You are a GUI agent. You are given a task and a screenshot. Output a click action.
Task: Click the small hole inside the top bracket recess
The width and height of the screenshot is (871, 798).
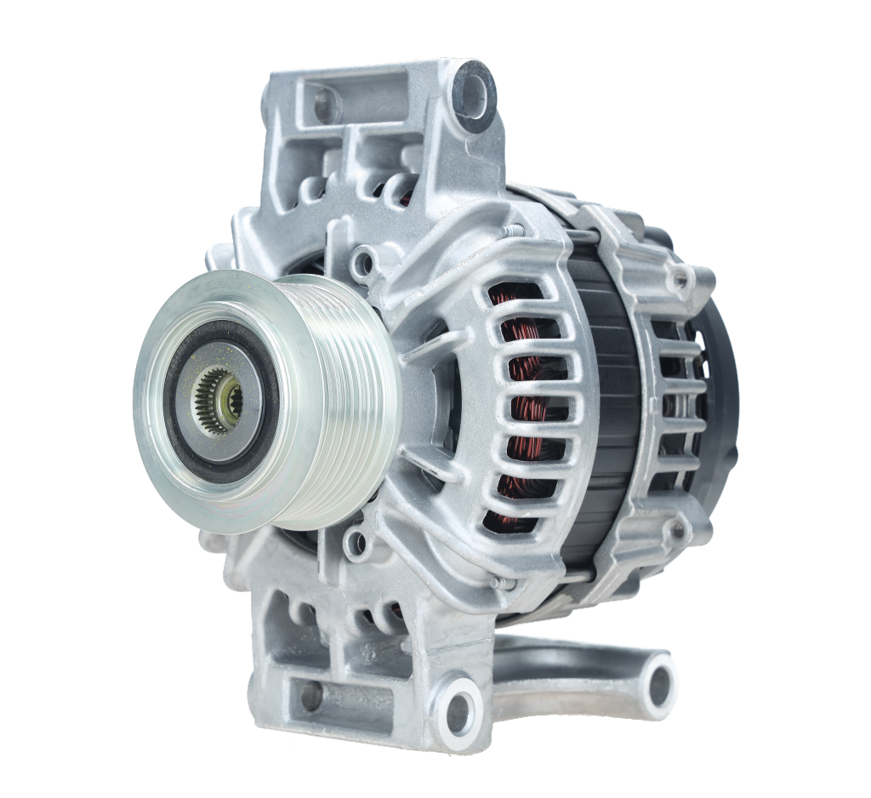[325, 105]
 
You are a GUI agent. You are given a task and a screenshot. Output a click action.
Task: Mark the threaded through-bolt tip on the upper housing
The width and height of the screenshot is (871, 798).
[510, 230]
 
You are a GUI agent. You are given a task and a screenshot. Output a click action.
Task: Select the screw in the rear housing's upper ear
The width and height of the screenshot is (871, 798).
[678, 278]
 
